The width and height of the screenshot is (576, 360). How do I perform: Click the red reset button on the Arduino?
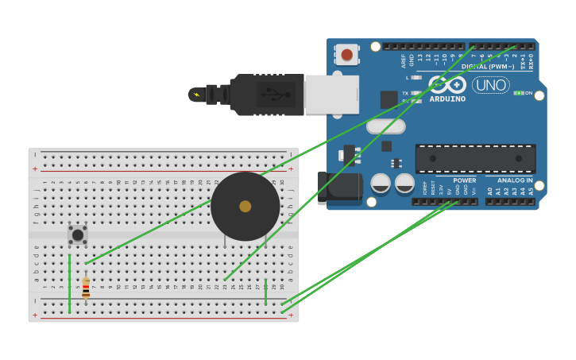click(346, 54)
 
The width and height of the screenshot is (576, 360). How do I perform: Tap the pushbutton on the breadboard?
click(77, 234)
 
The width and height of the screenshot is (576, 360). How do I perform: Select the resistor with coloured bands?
click(86, 288)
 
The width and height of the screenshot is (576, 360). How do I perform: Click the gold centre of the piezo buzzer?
click(245, 207)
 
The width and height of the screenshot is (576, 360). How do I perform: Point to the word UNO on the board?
click(491, 85)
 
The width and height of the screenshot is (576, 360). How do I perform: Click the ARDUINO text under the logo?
click(447, 99)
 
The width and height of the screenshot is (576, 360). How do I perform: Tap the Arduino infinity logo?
click(448, 84)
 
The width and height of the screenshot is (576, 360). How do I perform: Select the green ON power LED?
click(518, 93)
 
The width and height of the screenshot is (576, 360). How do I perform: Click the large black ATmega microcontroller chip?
click(475, 159)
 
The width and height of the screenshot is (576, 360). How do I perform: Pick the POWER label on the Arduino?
click(465, 180)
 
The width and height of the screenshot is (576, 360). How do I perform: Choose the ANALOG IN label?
click(515, 180)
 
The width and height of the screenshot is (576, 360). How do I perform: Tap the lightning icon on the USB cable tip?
click(196, 95)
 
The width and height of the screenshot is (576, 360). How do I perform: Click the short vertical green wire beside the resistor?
click(69, 284)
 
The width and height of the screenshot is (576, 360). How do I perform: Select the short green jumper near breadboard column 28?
click(265, 292)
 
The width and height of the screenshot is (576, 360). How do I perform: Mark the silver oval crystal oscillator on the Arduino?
click(386, 126)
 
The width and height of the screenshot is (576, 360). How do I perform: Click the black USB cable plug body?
click(267, 95)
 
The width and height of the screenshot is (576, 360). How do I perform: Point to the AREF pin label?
click(404, 61)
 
